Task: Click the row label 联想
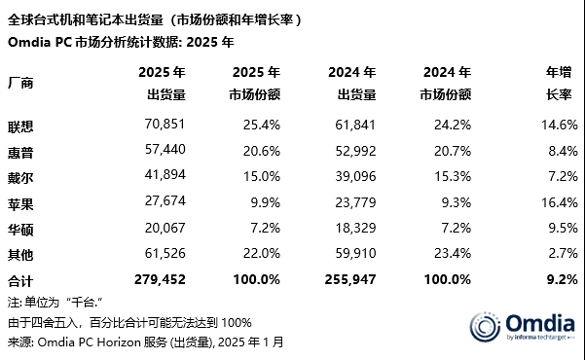tap(20, 126)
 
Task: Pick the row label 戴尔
tap(20, 177)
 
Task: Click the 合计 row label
tap(20, 280)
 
